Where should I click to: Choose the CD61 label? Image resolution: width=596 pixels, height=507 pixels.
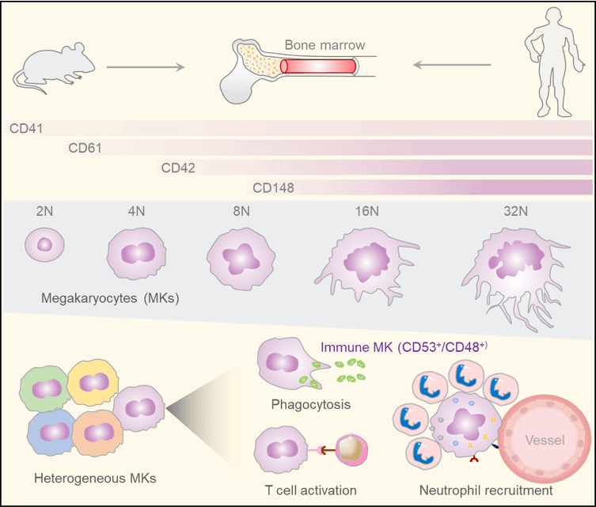coord(85,147)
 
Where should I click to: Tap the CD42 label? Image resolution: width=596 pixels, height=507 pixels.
coord(178,167)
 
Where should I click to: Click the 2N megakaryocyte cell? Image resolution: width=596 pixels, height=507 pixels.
coord(44,244)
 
